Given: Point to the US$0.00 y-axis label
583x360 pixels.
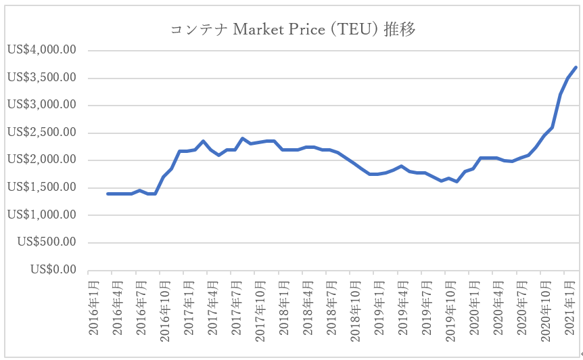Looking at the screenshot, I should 53,270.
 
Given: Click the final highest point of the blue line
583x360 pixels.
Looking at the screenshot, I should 576,67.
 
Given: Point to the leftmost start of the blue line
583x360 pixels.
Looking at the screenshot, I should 107,194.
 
